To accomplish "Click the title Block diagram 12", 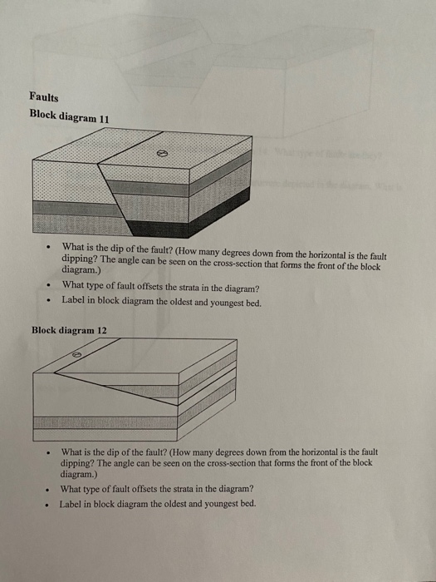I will (69, 330).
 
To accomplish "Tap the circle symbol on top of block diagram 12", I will (77, 353).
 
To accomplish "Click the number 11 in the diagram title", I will (103, 117).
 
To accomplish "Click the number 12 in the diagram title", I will (101, 330).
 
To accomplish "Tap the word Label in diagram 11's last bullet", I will (72, 301).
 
